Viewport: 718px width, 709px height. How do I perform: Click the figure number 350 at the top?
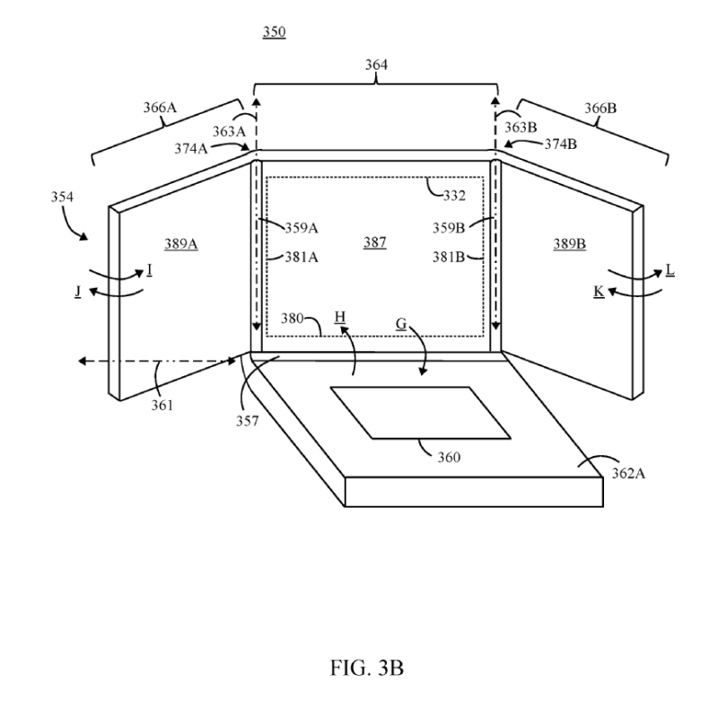click(x=274, y=32)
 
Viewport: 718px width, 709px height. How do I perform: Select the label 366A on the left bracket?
click(x=159, y=108)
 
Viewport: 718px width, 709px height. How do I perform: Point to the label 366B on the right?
click(x=600, y=108)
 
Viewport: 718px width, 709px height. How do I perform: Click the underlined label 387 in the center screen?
click(x=374, y=243)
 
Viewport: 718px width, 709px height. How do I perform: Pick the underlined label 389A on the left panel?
click(x=180, y=243)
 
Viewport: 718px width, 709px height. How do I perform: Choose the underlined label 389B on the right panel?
click(x=569, y=243)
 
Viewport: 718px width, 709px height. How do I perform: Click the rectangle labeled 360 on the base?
click(x=420, y=412)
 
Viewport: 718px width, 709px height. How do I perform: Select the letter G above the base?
click(x=401, y=320)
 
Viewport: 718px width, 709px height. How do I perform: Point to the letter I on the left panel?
click(x=149, y=269)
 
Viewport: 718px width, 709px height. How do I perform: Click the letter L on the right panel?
click(x=669, y=269)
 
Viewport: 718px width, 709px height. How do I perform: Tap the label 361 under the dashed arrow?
click(x=162, y=405)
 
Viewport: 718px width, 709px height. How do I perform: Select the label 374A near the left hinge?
click(x=190, y=150)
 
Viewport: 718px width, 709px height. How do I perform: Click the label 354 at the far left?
click(x=63, y=195)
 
